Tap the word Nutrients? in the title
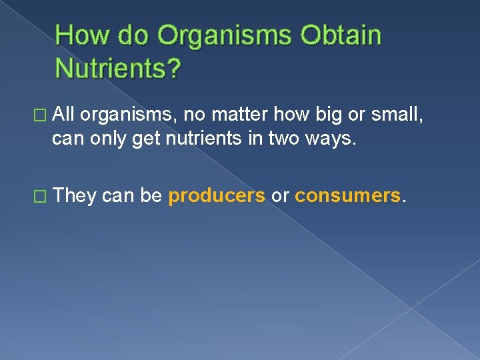click(x=117, y=67)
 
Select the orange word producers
click(x=217, y=196)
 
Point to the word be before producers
click(x=151, y=195)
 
